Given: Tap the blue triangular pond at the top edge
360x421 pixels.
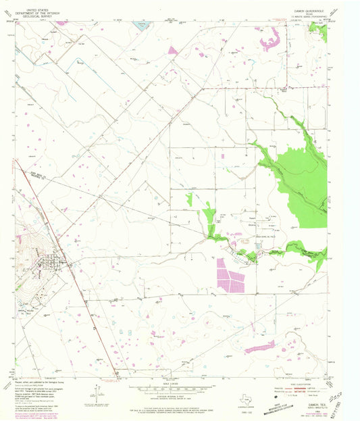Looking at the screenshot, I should pyautogui.click(x=141, y=26).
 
